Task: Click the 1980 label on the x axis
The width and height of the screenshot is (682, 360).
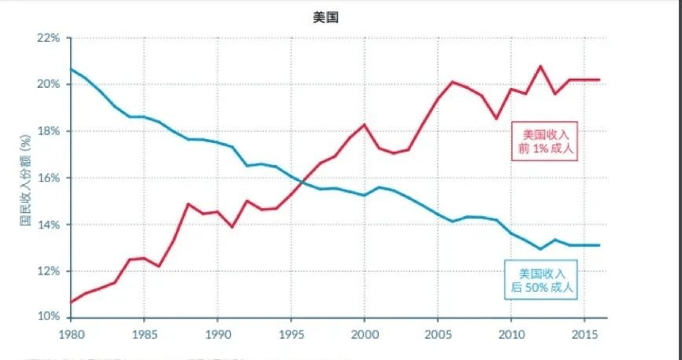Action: [x=71, y=335]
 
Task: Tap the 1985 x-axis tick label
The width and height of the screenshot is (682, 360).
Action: [x=144, y=335]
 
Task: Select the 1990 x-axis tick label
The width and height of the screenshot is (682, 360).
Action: [x=217, y=335]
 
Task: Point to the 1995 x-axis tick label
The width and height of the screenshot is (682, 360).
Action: [x=290, y=335]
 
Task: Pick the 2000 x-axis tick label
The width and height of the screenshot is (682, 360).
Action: [x=363, y=335]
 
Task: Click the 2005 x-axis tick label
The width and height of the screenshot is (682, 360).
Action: [x=436, y=335]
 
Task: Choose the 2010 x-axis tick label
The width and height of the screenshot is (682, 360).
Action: [x=509, y=335]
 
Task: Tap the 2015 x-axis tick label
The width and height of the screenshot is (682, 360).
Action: [x=583, y=335]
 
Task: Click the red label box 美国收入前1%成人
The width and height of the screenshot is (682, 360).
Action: [x=545, y=141]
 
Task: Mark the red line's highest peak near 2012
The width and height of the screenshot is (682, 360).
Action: [x=540, y=67]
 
